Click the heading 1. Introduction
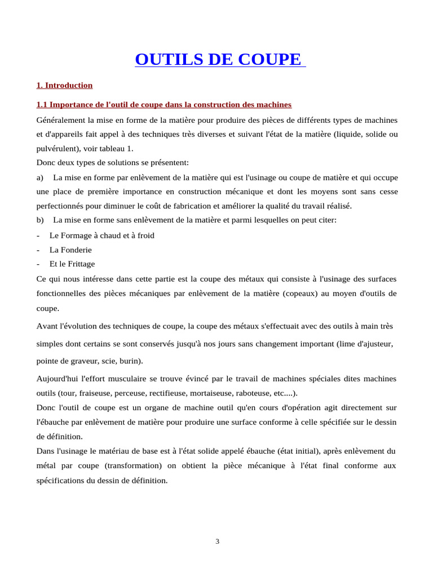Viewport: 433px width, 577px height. click(64, 86)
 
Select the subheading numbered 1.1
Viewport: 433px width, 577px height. click(164, 105)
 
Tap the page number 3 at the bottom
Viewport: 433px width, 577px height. click(217, 542)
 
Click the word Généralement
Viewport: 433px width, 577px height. click(61, 120)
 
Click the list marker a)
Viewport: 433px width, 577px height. click(40, 177)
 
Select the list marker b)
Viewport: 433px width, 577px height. click(40, 220)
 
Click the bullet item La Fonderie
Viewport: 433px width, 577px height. click(70, 250)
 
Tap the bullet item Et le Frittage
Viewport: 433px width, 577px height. click(72, 264)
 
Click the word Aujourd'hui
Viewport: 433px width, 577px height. click(59, 379)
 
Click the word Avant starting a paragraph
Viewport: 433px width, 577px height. click(47, 326)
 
